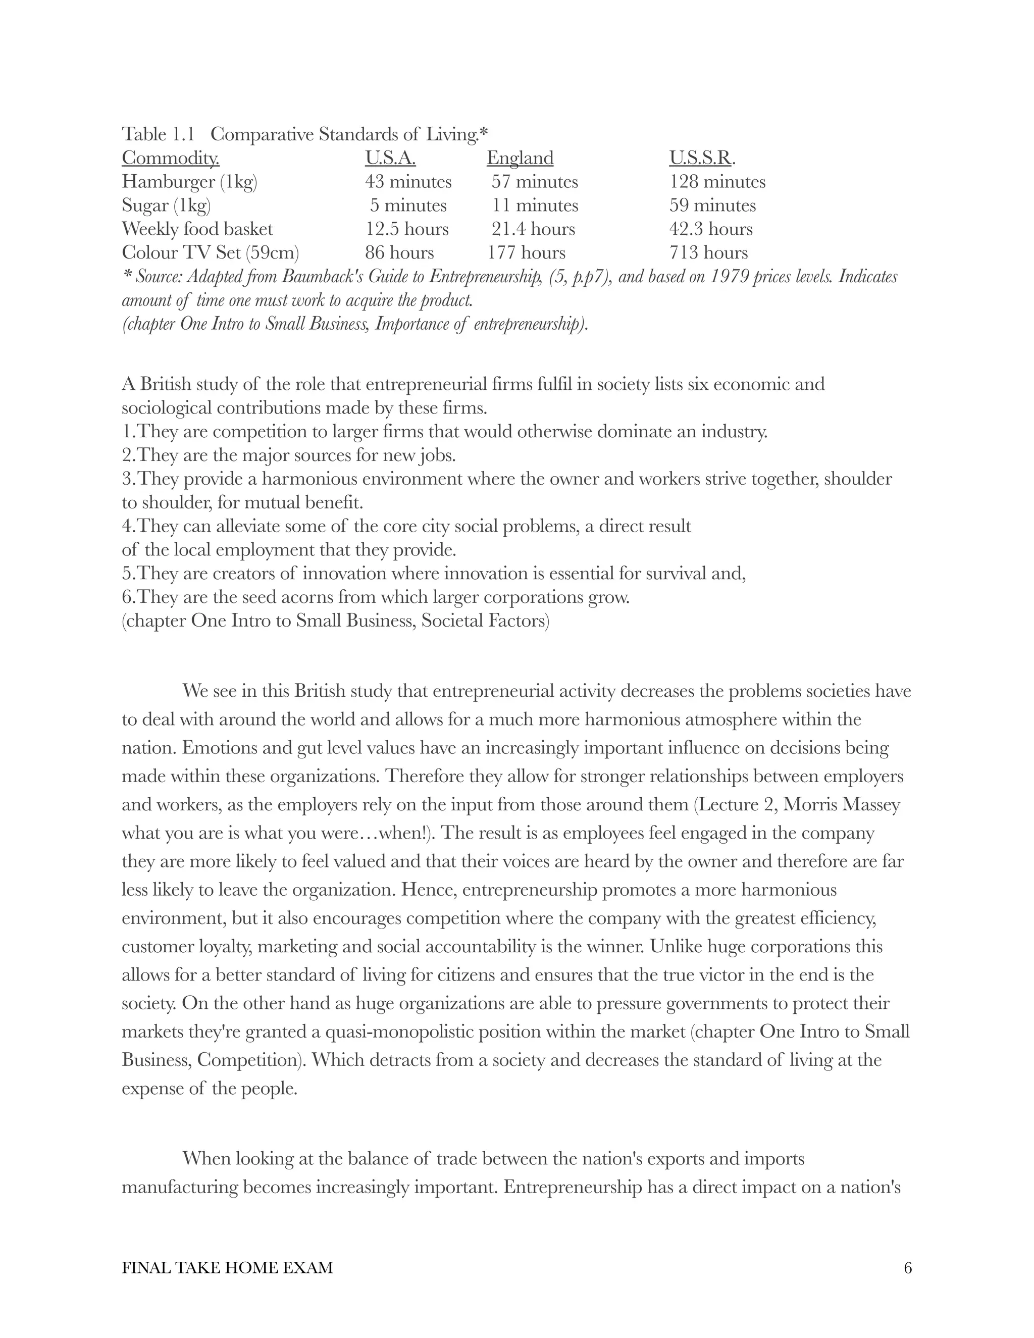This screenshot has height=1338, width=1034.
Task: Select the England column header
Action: click(520, 158)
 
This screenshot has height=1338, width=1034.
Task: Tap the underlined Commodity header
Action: click(170, 158)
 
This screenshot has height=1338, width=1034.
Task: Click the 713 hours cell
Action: click(708, 252)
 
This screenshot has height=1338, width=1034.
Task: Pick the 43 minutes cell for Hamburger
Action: click(408, 182)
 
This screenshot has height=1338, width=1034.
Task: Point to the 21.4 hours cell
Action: click(533, 229)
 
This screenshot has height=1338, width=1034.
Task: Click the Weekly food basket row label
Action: click(197, 229)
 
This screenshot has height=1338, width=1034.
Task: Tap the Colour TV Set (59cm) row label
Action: click(210, 252)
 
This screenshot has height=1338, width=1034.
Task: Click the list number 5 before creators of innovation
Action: click(126, 574)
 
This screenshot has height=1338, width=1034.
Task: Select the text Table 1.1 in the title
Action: click(158, 134)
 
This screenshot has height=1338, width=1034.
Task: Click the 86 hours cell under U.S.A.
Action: click(399, 252)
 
